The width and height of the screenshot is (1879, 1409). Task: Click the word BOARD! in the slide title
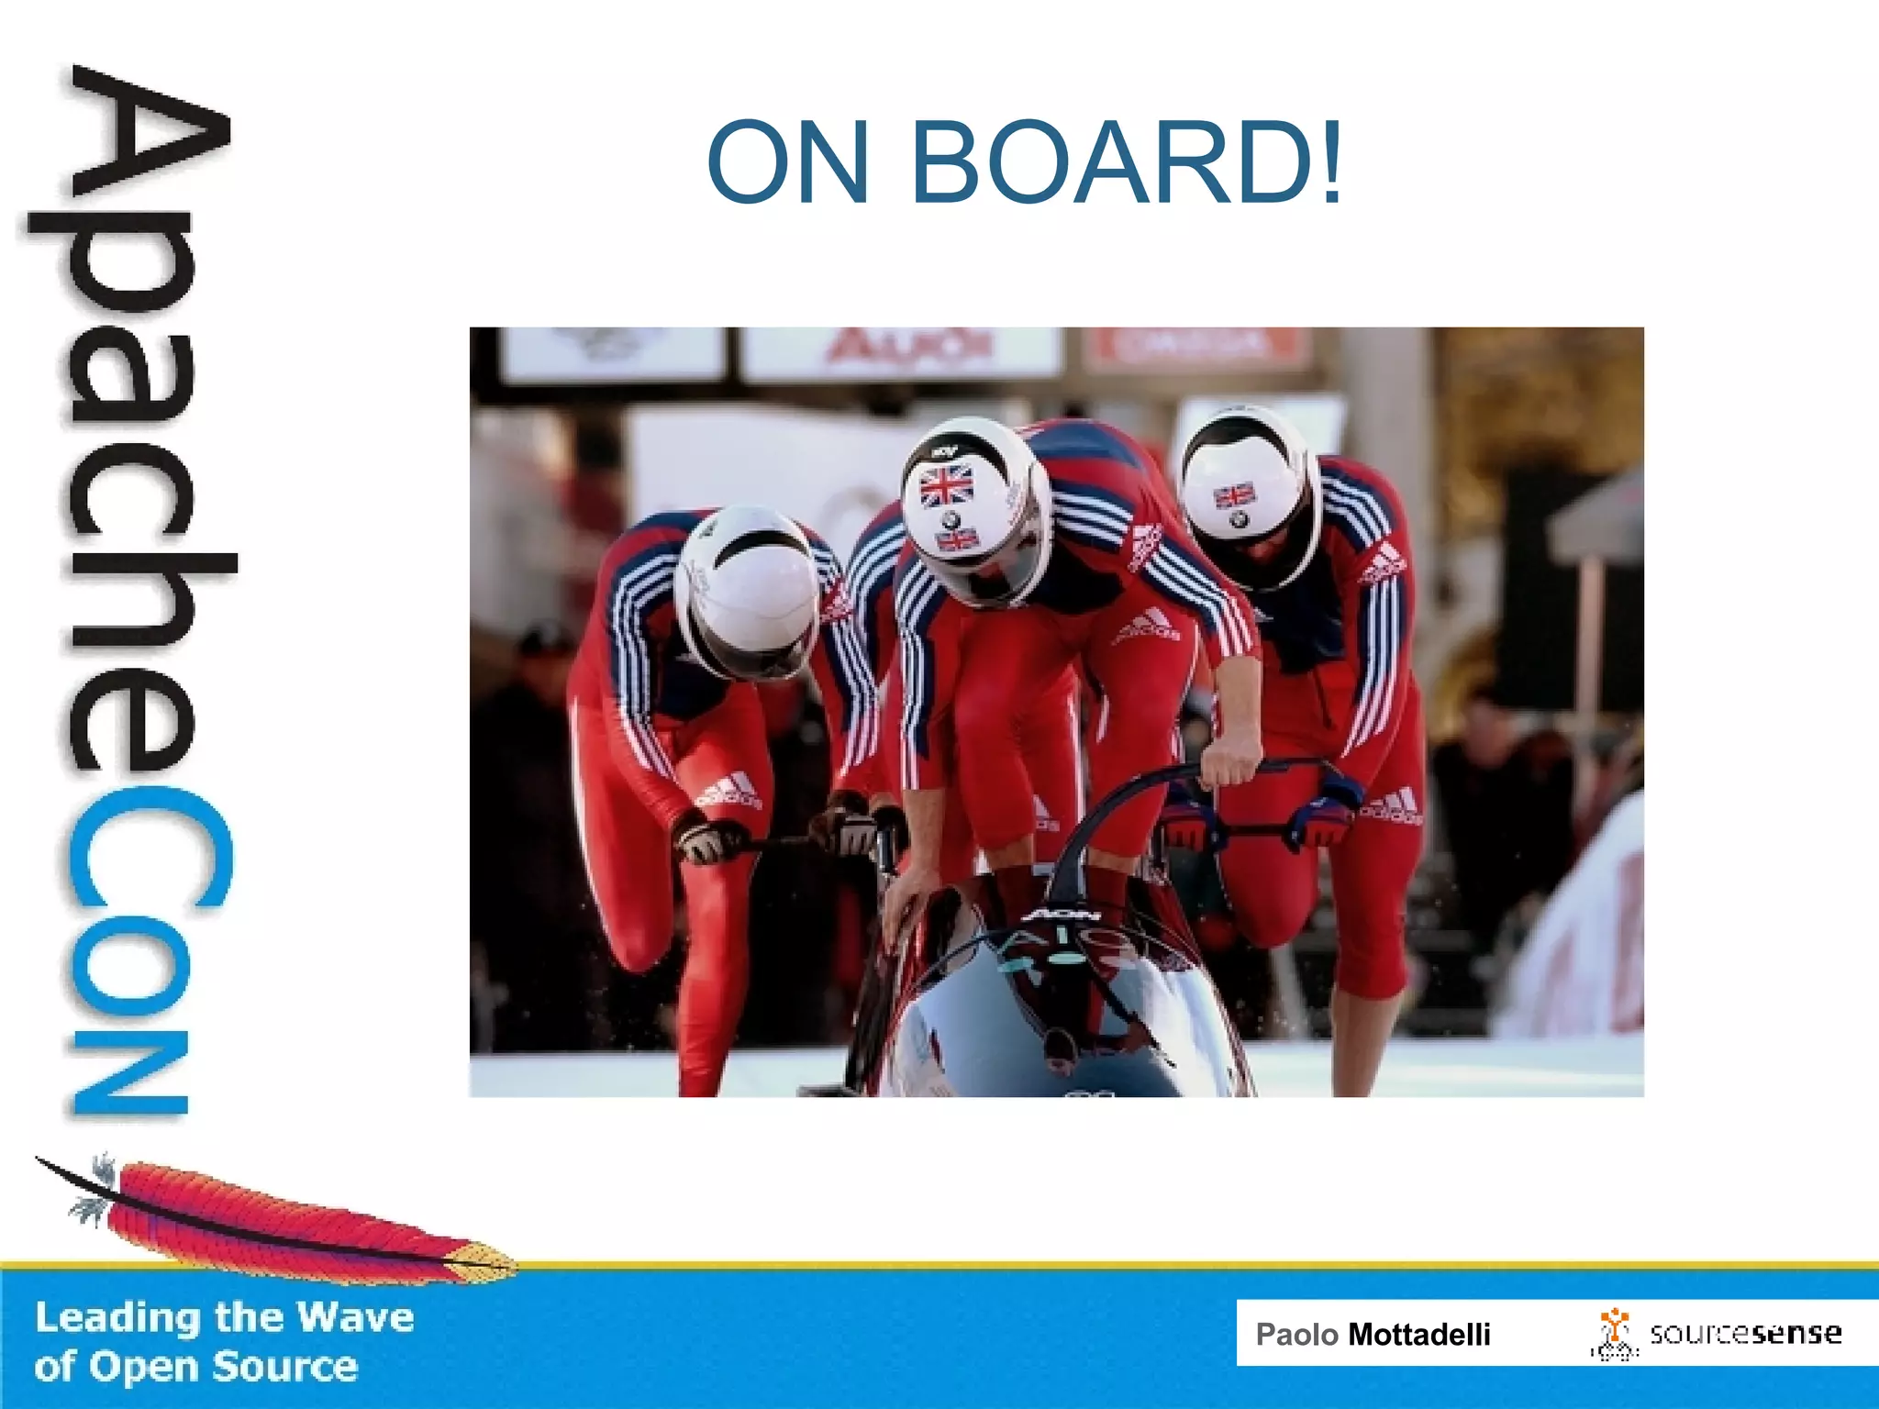[x=1127, y=163]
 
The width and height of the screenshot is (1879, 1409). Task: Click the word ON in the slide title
[x=787, y=163]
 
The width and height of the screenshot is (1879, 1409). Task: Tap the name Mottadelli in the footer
[x=1418, y=1334]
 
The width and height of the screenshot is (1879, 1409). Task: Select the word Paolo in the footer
[x=1296, y=1334]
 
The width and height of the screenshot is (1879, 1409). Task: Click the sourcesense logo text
[x=1745, y=1333]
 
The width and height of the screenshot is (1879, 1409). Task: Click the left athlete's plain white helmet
[x=748, y=587]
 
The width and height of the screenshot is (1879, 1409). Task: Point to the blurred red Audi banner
[x=908, y=349]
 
